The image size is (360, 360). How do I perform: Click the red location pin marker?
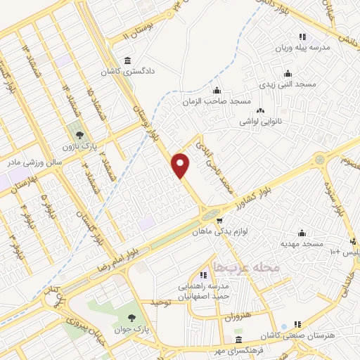[181, 165]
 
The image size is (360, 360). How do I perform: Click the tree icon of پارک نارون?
[78, 134]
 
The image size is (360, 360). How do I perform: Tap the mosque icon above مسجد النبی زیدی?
[287, 72]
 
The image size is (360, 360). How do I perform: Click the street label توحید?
[162, 302]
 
